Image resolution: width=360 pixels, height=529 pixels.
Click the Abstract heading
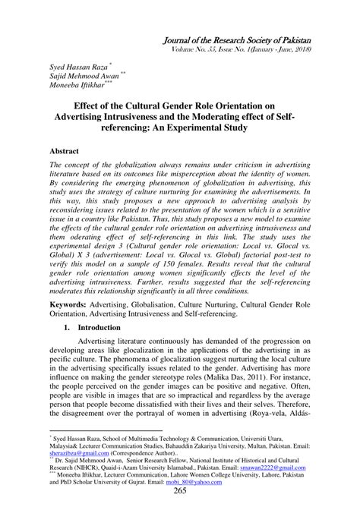coord(66,152)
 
